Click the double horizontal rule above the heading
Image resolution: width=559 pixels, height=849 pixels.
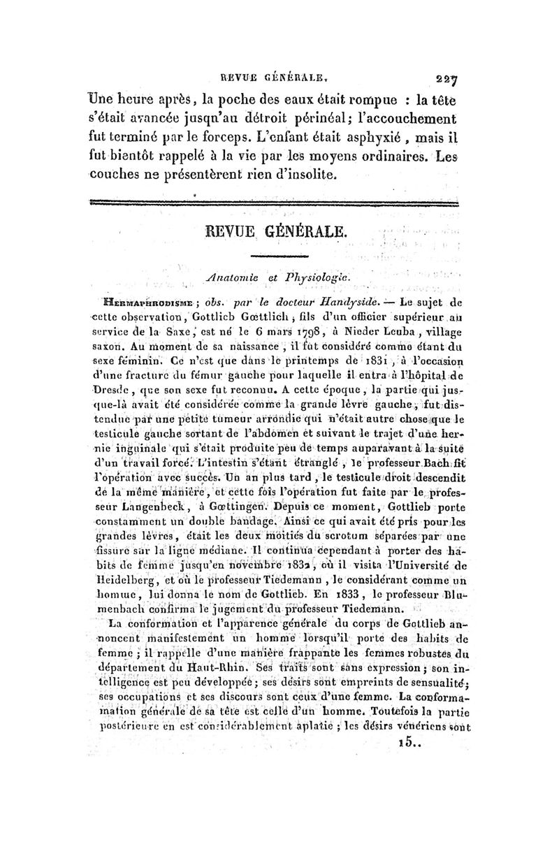coord(273,202)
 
